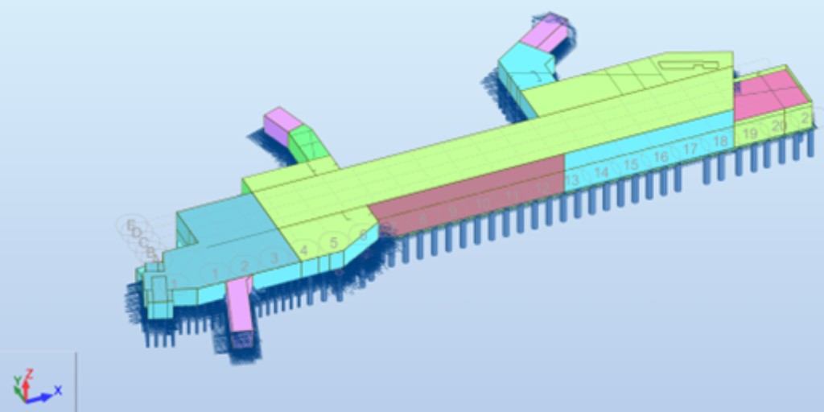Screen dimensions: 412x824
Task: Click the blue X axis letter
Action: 58,390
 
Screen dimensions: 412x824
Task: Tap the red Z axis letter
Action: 29,373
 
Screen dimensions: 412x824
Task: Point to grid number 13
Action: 572,181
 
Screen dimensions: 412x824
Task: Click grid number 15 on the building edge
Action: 631,165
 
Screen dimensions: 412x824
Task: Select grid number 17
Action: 690,150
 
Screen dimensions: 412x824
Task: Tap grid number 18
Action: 720,142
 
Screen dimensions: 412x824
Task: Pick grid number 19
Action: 750,134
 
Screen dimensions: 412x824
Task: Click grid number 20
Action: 778,126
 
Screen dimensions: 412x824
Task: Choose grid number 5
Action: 333,243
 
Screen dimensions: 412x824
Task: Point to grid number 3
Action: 274,258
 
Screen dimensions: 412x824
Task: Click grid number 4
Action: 303,251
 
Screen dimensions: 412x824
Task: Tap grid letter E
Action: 130,226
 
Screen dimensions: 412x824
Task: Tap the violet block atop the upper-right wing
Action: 543,32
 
